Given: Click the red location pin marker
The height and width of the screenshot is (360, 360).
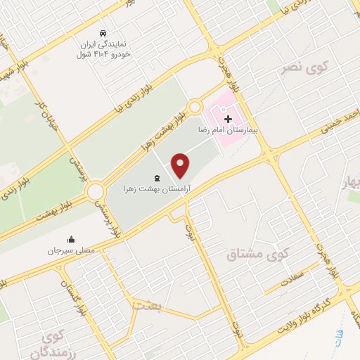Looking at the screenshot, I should [181, 165].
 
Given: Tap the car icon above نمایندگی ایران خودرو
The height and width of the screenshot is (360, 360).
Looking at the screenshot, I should [103, 34].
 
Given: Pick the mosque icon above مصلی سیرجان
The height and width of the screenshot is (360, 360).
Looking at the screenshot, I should [70, 239].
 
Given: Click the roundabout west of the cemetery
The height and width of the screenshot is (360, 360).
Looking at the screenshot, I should [96, 191].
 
